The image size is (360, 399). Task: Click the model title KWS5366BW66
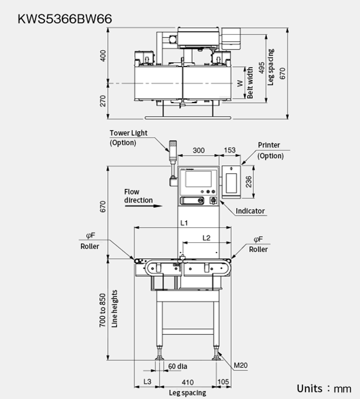pos(65,19)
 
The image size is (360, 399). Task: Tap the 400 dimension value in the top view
pos(103,56)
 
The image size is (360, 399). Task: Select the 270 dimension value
pos(103,101)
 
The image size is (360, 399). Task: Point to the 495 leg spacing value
pos(261,68)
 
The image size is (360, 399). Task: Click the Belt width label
pos(250,83)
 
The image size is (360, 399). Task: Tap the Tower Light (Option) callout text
pos(128,138)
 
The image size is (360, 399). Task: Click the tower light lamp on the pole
pos(173,146)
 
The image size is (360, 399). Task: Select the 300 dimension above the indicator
pos(199,151)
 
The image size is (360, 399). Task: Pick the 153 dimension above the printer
pos(230,150)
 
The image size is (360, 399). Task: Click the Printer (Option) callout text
pos(270,150)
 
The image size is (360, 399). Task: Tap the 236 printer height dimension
pos(248,182)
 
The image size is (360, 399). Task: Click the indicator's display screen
pos(198,179)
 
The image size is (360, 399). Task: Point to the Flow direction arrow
pos(144,206)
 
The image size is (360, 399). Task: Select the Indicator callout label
pos(250,211)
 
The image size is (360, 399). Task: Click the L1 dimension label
pos(184,223)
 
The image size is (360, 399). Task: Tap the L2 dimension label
pos(206,238)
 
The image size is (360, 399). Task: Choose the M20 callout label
pos(241,365)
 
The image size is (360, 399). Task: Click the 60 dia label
pos(177,366)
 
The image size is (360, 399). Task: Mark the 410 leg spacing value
pos(188,382)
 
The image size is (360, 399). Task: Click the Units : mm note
pos(324,389)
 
